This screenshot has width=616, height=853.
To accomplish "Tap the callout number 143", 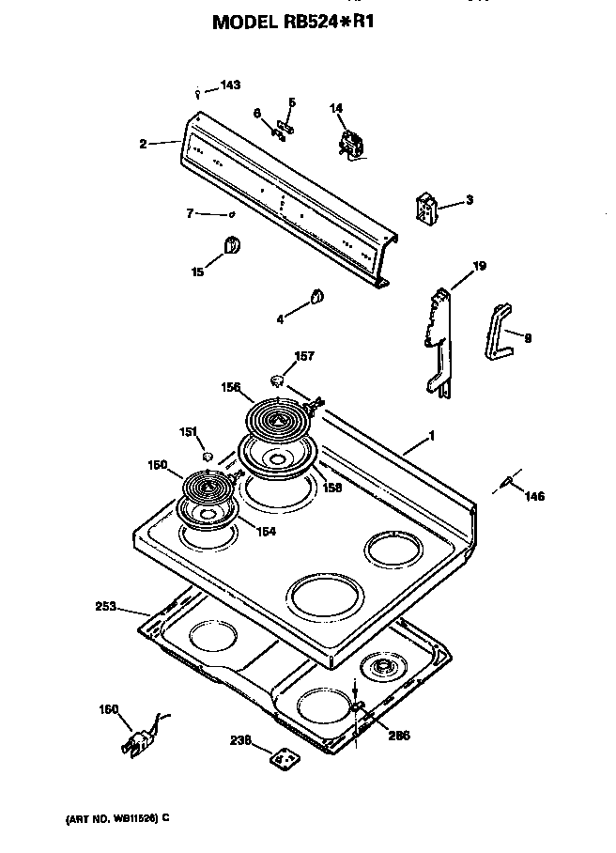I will pos(230,85).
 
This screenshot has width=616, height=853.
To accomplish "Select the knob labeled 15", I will pos(231,246).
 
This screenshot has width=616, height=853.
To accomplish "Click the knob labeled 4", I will pos(316,298).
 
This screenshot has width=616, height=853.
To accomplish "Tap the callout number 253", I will pos(105,607).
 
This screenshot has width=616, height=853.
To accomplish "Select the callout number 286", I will pos(399,736).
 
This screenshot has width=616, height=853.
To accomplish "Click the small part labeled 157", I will pos(278,380).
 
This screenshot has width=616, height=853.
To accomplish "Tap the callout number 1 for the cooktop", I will pos(431,435).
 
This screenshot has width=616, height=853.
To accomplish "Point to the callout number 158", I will pos(332,488).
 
